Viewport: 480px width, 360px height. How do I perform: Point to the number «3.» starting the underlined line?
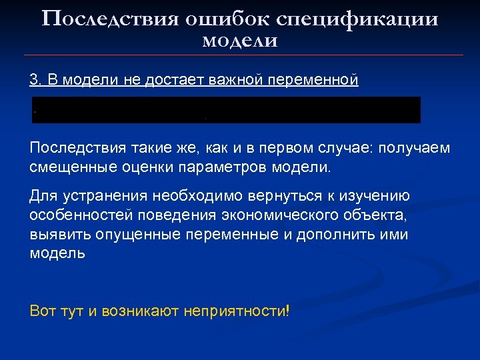coord(36,81)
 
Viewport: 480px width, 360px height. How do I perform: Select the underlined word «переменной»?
coord(313,81)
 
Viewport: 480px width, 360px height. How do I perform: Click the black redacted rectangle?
coord(227,110)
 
